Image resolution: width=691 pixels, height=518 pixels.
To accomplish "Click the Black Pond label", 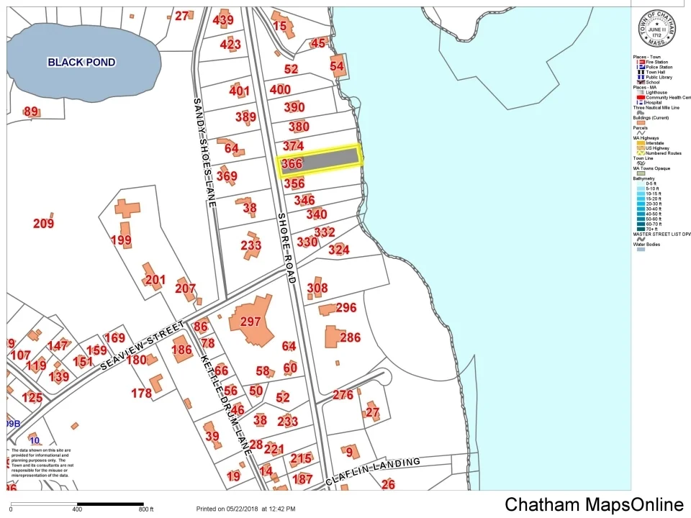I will tap(81, 63).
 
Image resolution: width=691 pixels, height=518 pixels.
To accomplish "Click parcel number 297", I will tap(250, 322).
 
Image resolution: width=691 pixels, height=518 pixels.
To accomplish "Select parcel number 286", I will tap(350, 337).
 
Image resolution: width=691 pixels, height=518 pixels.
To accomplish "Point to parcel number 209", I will tap(43, 224).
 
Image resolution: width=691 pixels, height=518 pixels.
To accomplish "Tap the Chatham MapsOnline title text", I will tap(593, 504).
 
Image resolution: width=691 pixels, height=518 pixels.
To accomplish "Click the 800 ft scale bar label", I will tap(146, 509).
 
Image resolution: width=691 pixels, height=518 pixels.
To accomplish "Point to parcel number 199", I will tap(121, 240).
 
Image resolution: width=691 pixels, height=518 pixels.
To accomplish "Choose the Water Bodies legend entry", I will tap(647, 245).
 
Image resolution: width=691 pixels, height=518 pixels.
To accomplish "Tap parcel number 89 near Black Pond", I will tap(31, 112).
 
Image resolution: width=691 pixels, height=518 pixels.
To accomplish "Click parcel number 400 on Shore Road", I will tap(280, 90).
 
